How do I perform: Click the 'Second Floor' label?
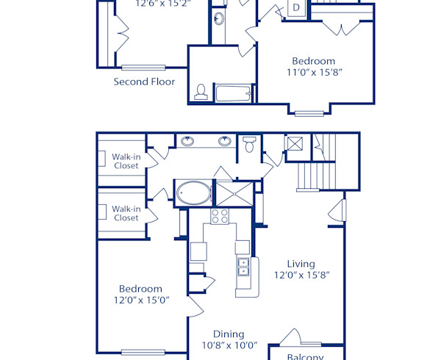pyautogui.click(x=144, y=82)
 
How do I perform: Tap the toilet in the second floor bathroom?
pyautogui.click(x=201, y=92)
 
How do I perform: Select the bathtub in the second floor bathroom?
pyautogui.click(x=233, y=93)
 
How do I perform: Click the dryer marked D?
pyautogui.click(x=295, y=7)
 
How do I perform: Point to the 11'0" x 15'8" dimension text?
pyautogui.click(x=313, y=73)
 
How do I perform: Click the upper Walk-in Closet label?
pyautogui.click(x=126, y=161)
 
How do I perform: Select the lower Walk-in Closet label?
pyautogui.click(x=126, y=213)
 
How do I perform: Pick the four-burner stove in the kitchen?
pyautogui.click(x=220, y=215)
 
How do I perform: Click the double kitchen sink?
pyautogui.click(x=243, y=266)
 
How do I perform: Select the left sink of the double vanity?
pyautogui.click(x=188, y=141)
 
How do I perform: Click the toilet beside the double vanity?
pyautogui.click(x=249, y=145)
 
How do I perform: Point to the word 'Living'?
pyautogui.click(x=301, y=264)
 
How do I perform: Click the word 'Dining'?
pyautogui.click(x=229, y=334)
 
